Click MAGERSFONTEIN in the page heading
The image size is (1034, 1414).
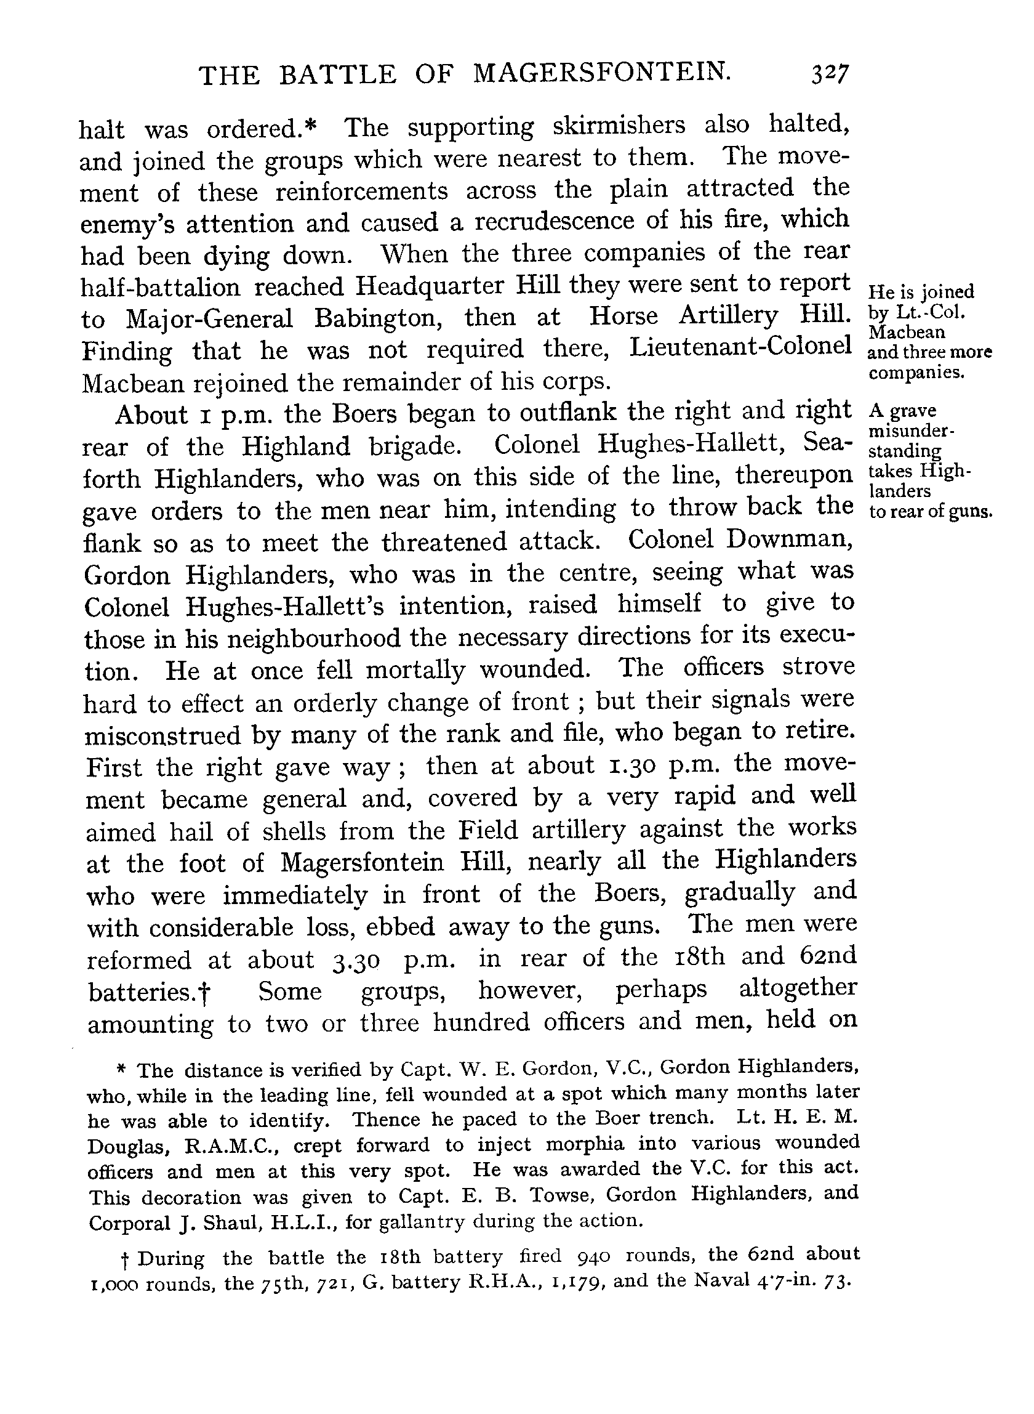[x=601, y=74]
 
